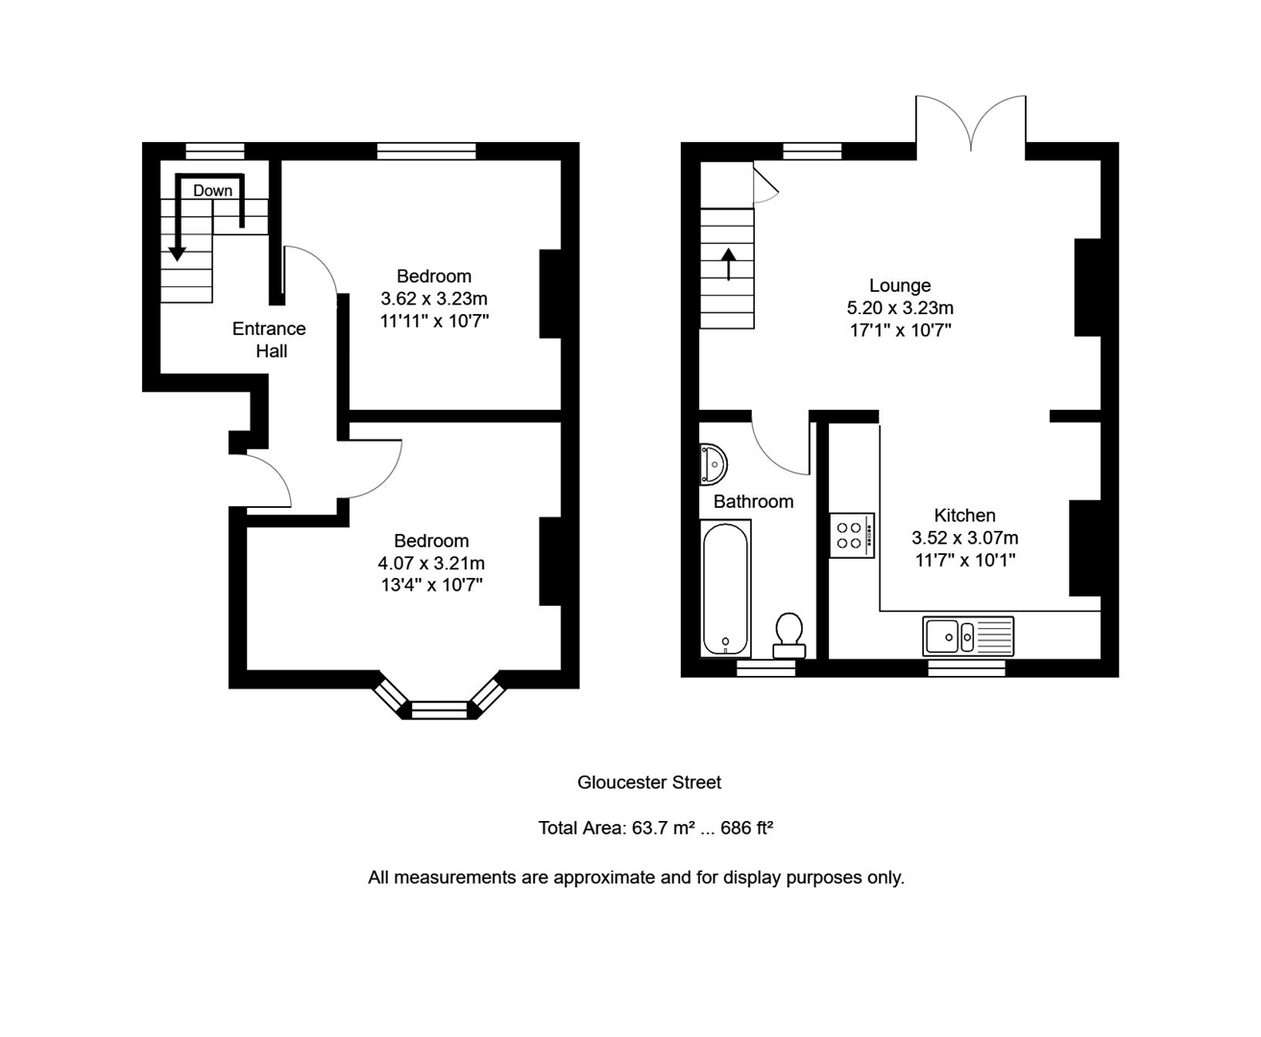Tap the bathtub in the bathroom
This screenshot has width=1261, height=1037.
725,589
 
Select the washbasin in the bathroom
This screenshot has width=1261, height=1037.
713,464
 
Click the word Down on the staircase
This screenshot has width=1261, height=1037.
212,190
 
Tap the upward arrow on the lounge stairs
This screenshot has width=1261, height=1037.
728,264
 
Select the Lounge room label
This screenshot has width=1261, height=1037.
900,285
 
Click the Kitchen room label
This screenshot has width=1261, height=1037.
964,515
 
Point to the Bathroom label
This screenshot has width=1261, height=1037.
753,501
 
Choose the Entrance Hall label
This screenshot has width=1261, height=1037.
270,340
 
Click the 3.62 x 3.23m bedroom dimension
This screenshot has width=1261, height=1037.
434,299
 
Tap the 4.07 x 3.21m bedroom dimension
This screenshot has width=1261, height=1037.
431,563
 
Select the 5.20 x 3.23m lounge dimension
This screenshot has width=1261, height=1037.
900,308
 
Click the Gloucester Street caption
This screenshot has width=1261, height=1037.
649,783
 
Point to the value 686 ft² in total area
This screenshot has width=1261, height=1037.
747,828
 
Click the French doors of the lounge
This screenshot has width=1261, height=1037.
971,125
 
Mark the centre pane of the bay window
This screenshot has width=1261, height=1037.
439,711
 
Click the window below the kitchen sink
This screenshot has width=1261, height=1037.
966,667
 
